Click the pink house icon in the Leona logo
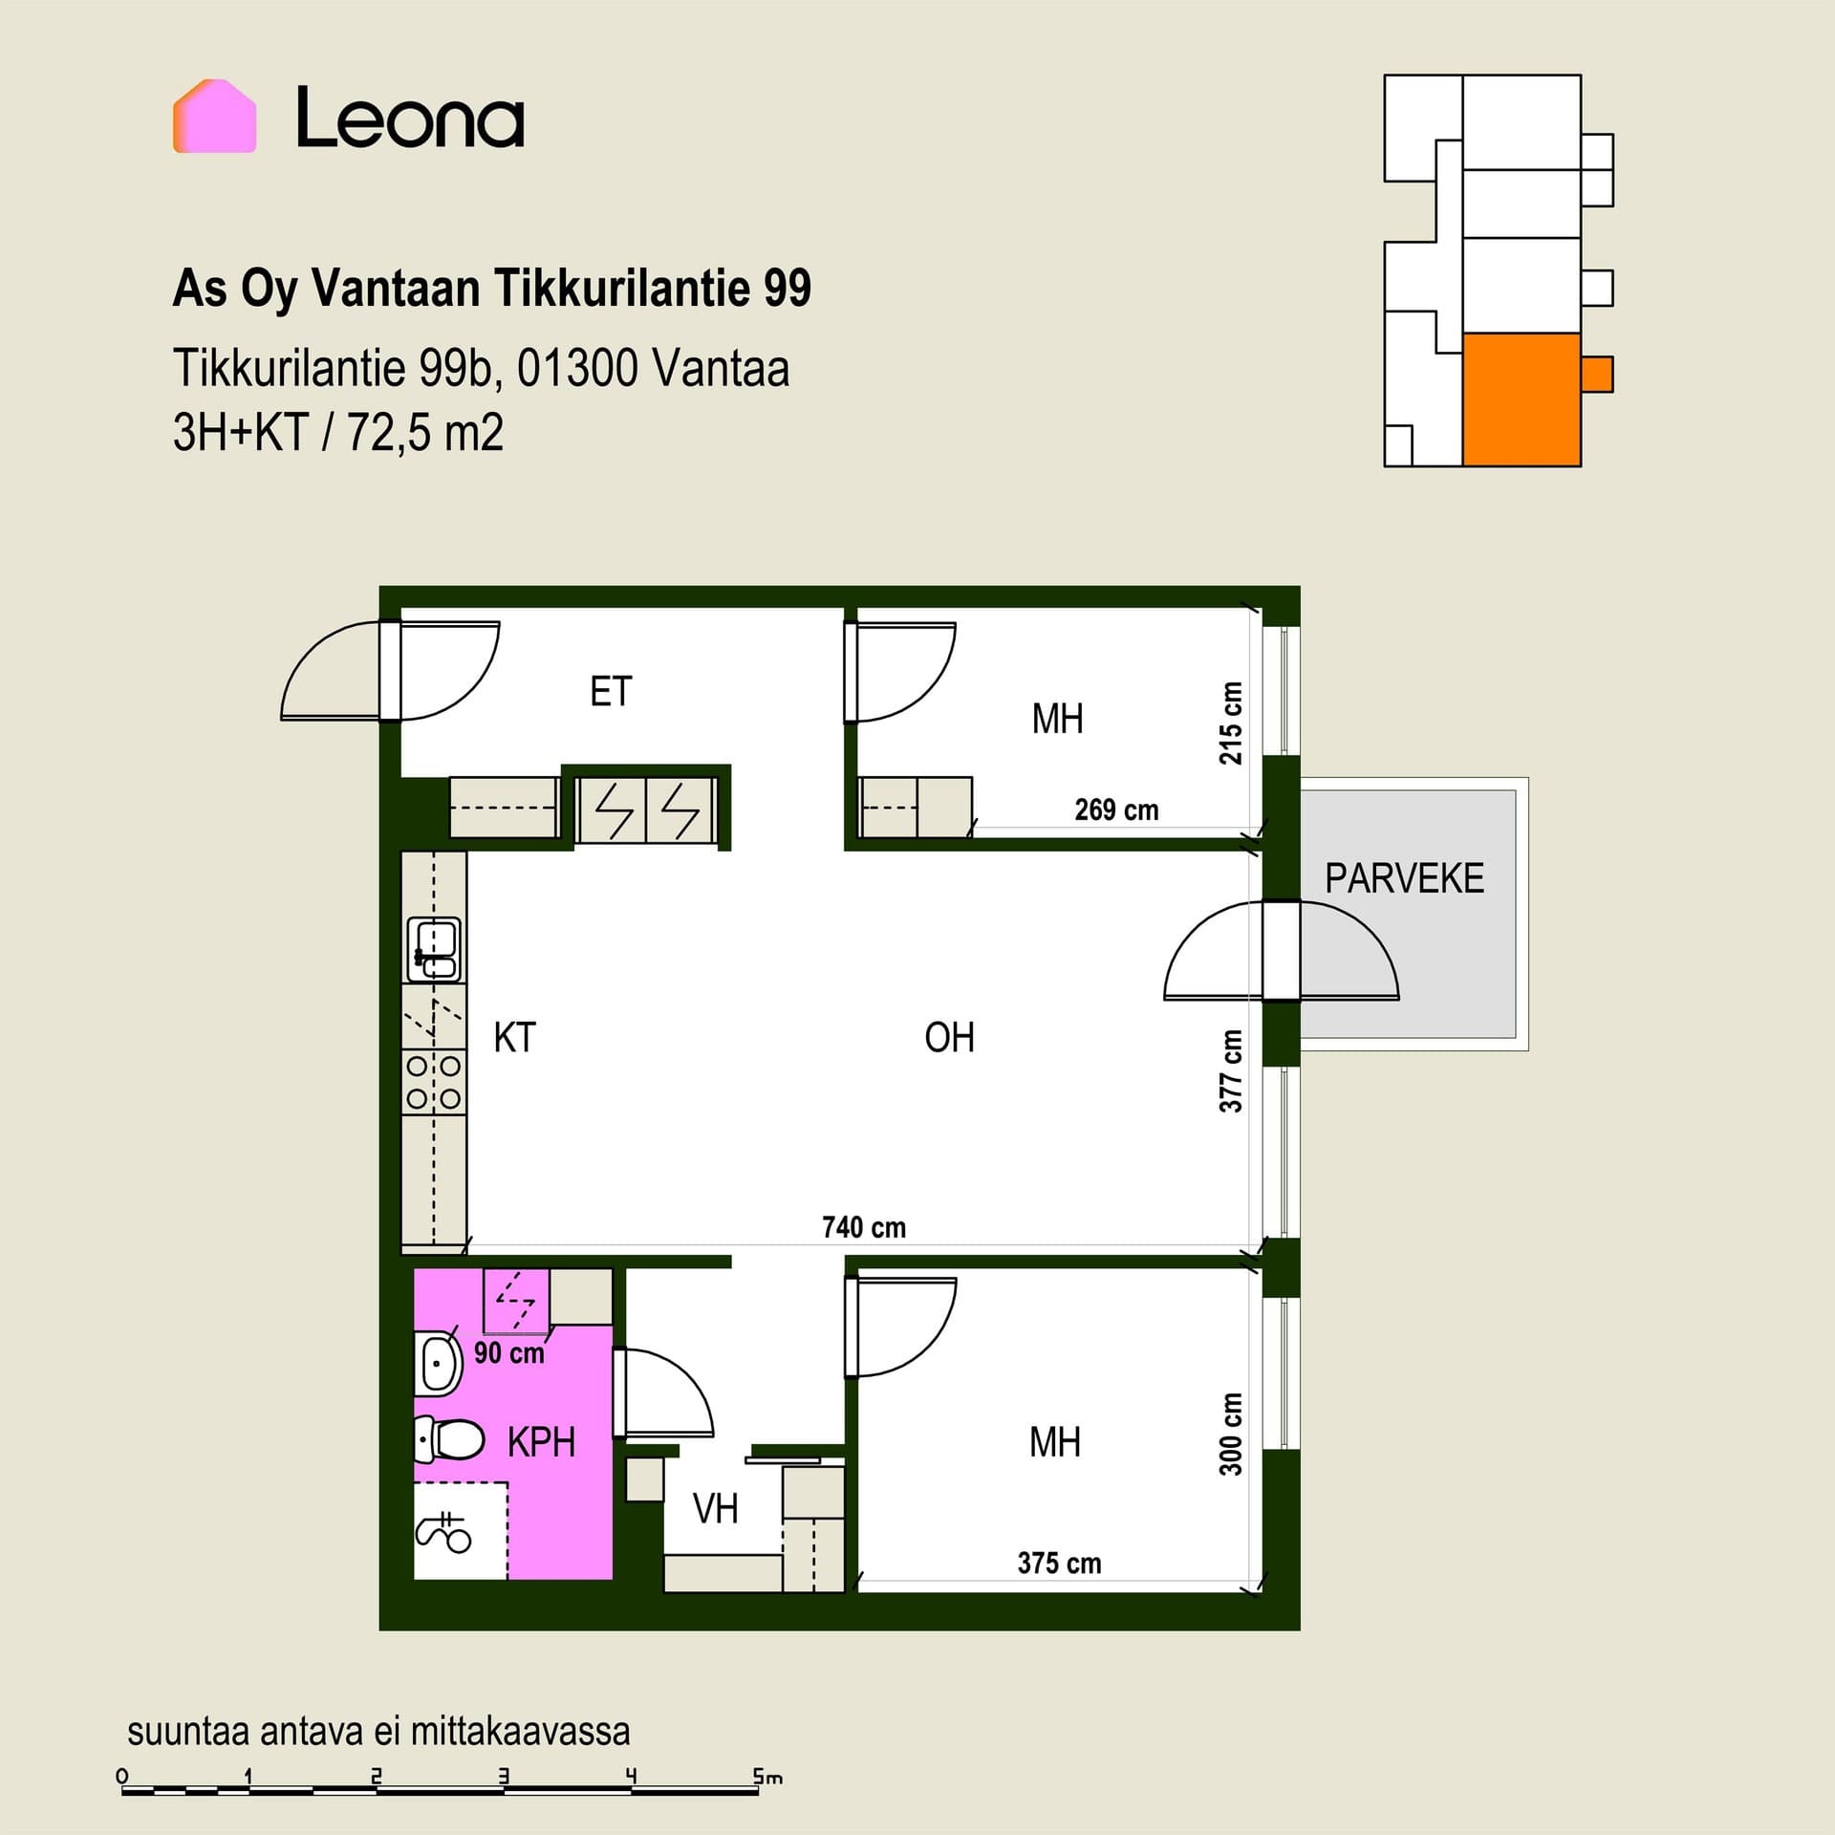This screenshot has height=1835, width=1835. click(x=214, y=116)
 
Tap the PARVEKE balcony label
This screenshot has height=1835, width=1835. click(x=1404, y=878)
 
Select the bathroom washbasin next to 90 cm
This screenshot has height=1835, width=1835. click(x=438, y=1360)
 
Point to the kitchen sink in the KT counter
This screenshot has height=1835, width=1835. click(x=434, y=949)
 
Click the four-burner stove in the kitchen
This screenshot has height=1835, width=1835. click(x=434, y=1081)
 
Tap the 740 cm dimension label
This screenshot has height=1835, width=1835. click(x=864, y=1227)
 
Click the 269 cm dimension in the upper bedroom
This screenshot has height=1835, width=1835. click(x=1116, y=810)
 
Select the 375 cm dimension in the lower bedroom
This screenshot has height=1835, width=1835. click(x=1059, y=1564)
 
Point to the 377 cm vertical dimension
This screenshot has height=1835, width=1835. click(x=1231, y=1071)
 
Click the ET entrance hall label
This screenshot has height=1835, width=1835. click(x=611, y=691)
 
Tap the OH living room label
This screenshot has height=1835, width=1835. click(x=949, y=1037)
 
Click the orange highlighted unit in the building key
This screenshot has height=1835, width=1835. click(x=1522, y=399)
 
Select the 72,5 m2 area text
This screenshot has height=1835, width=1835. click(x=425, y=433)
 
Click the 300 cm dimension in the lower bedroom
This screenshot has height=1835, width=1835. click(x=1231, y=1434)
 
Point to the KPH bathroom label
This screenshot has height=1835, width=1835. click(x=541, y=1442)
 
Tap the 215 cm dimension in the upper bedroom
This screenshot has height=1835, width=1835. click(x=1231, y=723)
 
